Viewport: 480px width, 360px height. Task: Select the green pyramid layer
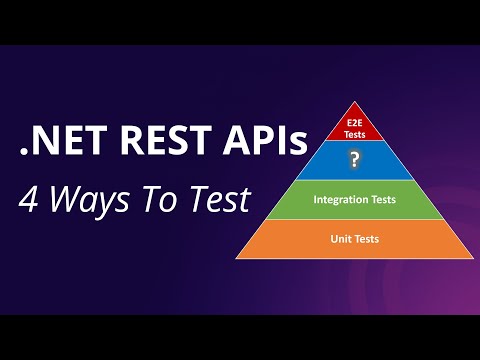(x=354, y=200)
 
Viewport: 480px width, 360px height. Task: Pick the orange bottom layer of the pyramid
(x=354, y=239)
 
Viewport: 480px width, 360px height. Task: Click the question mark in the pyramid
(x=354, y=160)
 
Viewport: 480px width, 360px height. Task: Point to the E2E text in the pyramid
(x=354, y=119)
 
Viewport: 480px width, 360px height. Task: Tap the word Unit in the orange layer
(x=340, y=239)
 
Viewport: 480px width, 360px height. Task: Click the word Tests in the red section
(x=354, y=131)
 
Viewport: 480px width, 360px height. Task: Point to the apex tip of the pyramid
(x=354, y=102)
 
